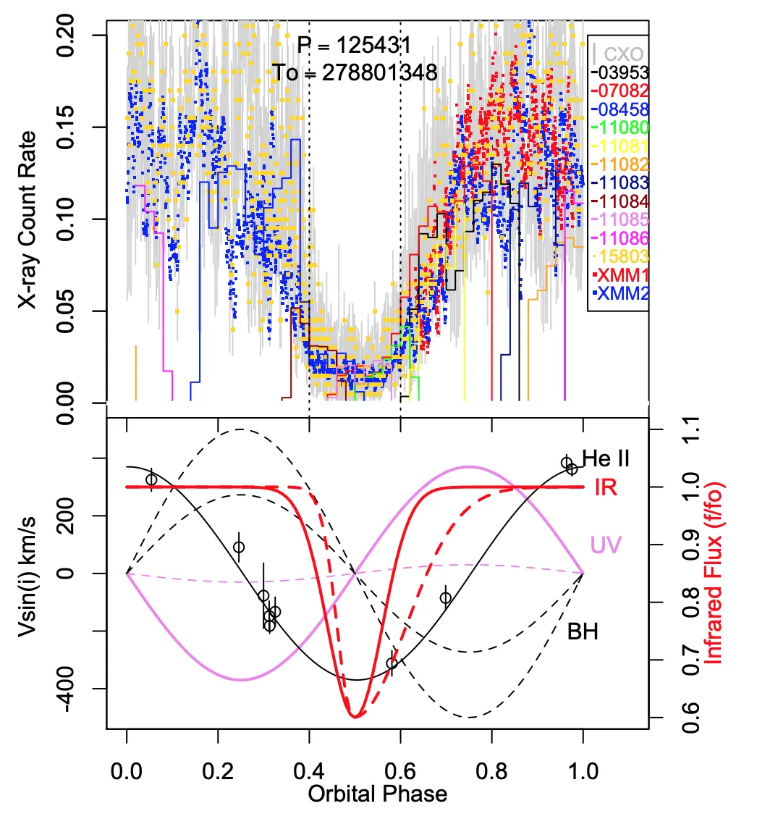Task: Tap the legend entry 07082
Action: click(x=619, y=91)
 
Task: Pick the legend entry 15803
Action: click(x=619, y=257)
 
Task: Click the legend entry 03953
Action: click(x=619, y=72)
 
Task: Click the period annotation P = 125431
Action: click(x=354, y=46)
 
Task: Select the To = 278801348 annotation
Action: click(x=355, y=72)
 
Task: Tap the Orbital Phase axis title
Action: click(x=377, y=794)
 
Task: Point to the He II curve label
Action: click(x=606, y=458)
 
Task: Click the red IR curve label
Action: click(x=606, y=487)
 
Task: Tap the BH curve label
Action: click(x=583, y=632)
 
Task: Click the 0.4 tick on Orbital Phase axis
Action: click(x=309, y=770)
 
